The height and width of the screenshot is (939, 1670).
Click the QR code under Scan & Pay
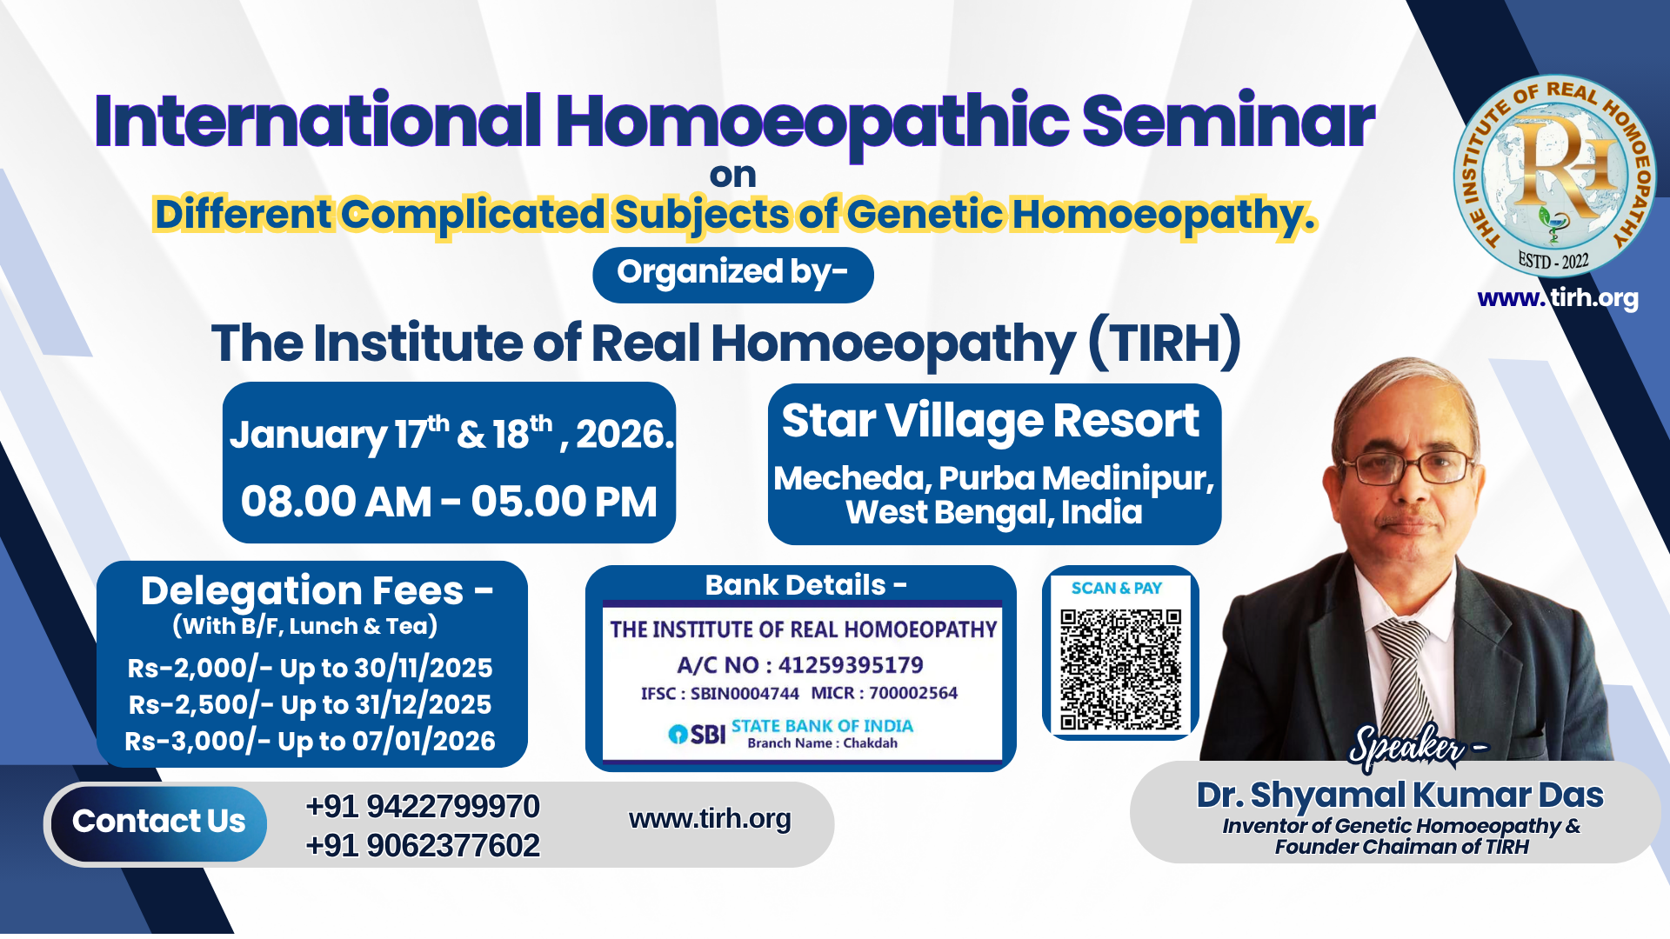pos(1120,669)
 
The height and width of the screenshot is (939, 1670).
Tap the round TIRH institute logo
pos(1554,176)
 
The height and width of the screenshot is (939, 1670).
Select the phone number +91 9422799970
pos(423,807)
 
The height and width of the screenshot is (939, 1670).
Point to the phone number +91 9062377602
pos(423,846)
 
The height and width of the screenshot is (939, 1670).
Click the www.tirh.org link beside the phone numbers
pos(710,819)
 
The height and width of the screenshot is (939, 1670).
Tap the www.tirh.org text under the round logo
pos(1558,298)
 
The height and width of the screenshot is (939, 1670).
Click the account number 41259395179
pos(851,665)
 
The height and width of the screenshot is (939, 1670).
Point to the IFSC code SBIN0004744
pos(745,694)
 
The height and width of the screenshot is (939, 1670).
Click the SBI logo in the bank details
pos(697,735)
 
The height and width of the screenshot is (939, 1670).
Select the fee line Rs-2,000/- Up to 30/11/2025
pos(310,669)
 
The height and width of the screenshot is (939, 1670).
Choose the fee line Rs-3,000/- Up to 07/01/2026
pos(310,742)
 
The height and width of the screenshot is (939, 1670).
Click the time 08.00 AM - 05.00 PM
pos(449,503)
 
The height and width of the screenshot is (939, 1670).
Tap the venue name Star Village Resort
pos(991,422)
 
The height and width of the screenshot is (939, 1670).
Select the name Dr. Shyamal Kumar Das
pos(1399,796)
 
